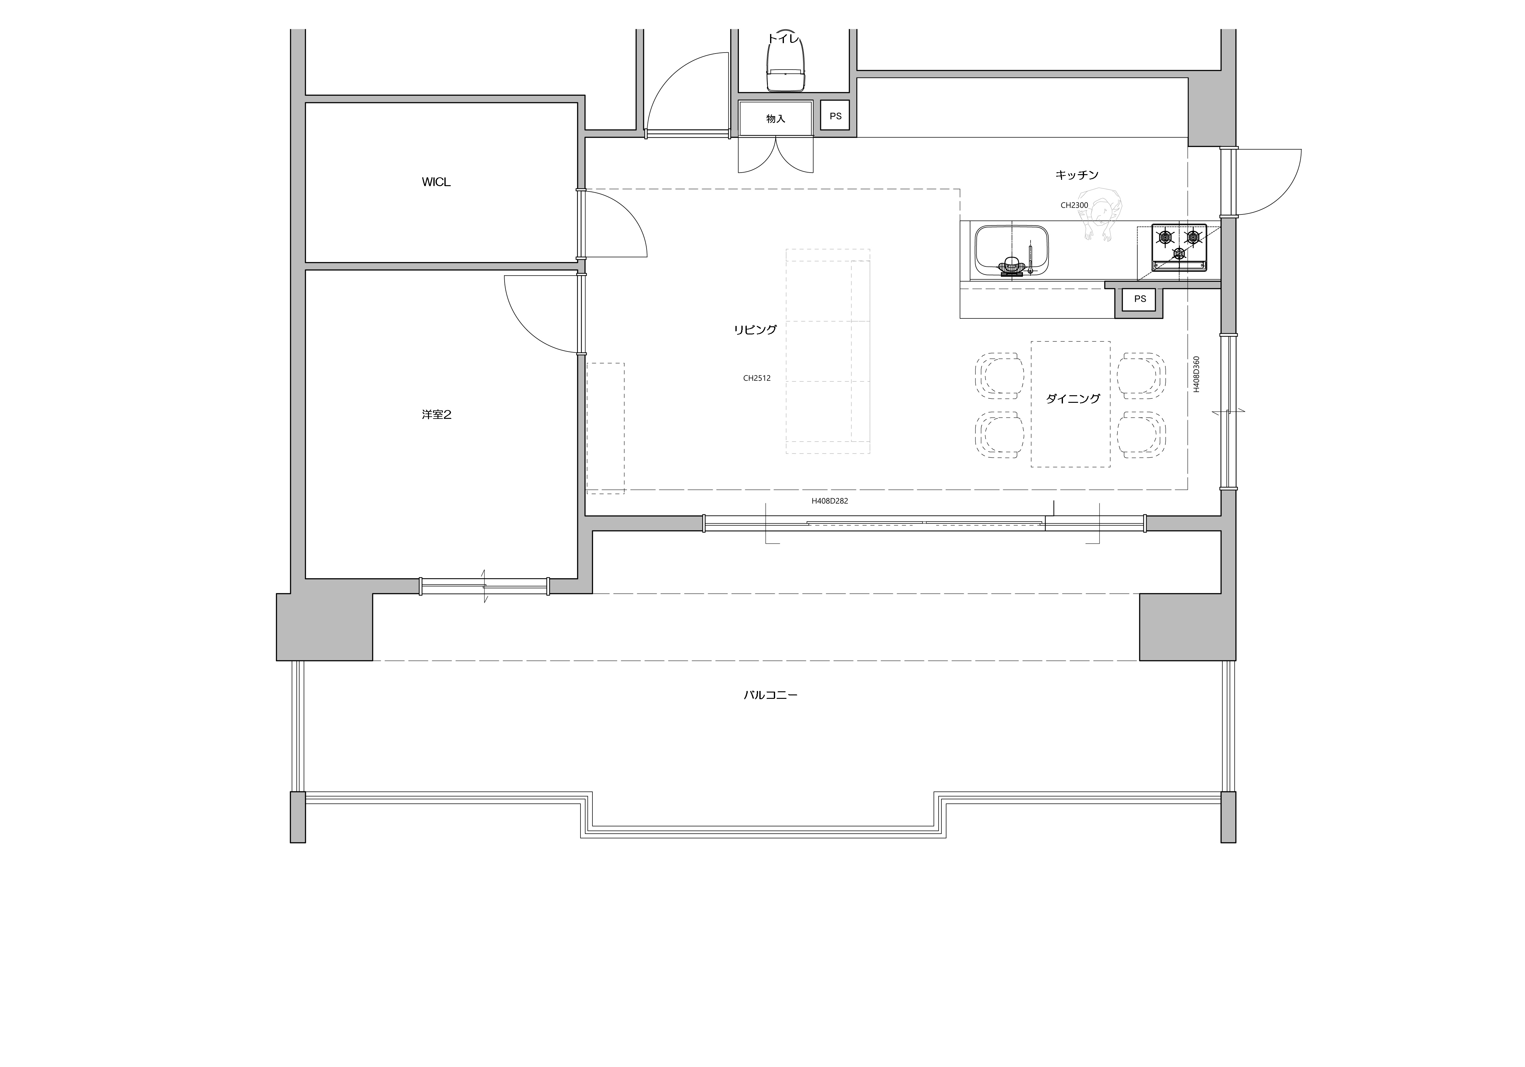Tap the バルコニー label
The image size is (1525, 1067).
coord(770,695)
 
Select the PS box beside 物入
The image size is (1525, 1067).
coord(836,116)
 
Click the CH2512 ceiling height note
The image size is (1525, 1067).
coord(757,379)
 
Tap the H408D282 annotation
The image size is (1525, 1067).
coord(830,501)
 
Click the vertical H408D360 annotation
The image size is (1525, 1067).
coord(1196,374)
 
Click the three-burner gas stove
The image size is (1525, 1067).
coord(1179,248)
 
